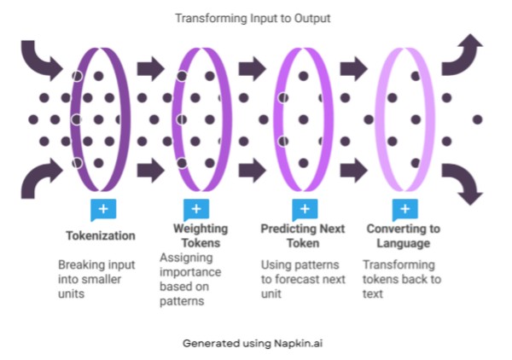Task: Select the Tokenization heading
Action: click(x=101, y=235)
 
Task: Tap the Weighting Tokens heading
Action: click(x=201, y=235)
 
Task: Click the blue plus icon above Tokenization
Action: click(x=102, y=209)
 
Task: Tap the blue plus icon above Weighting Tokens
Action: click(x=196, y=209)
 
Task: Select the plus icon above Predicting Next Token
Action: click(x=303, y=209)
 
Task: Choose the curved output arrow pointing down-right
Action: click(x=468, y=181)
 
